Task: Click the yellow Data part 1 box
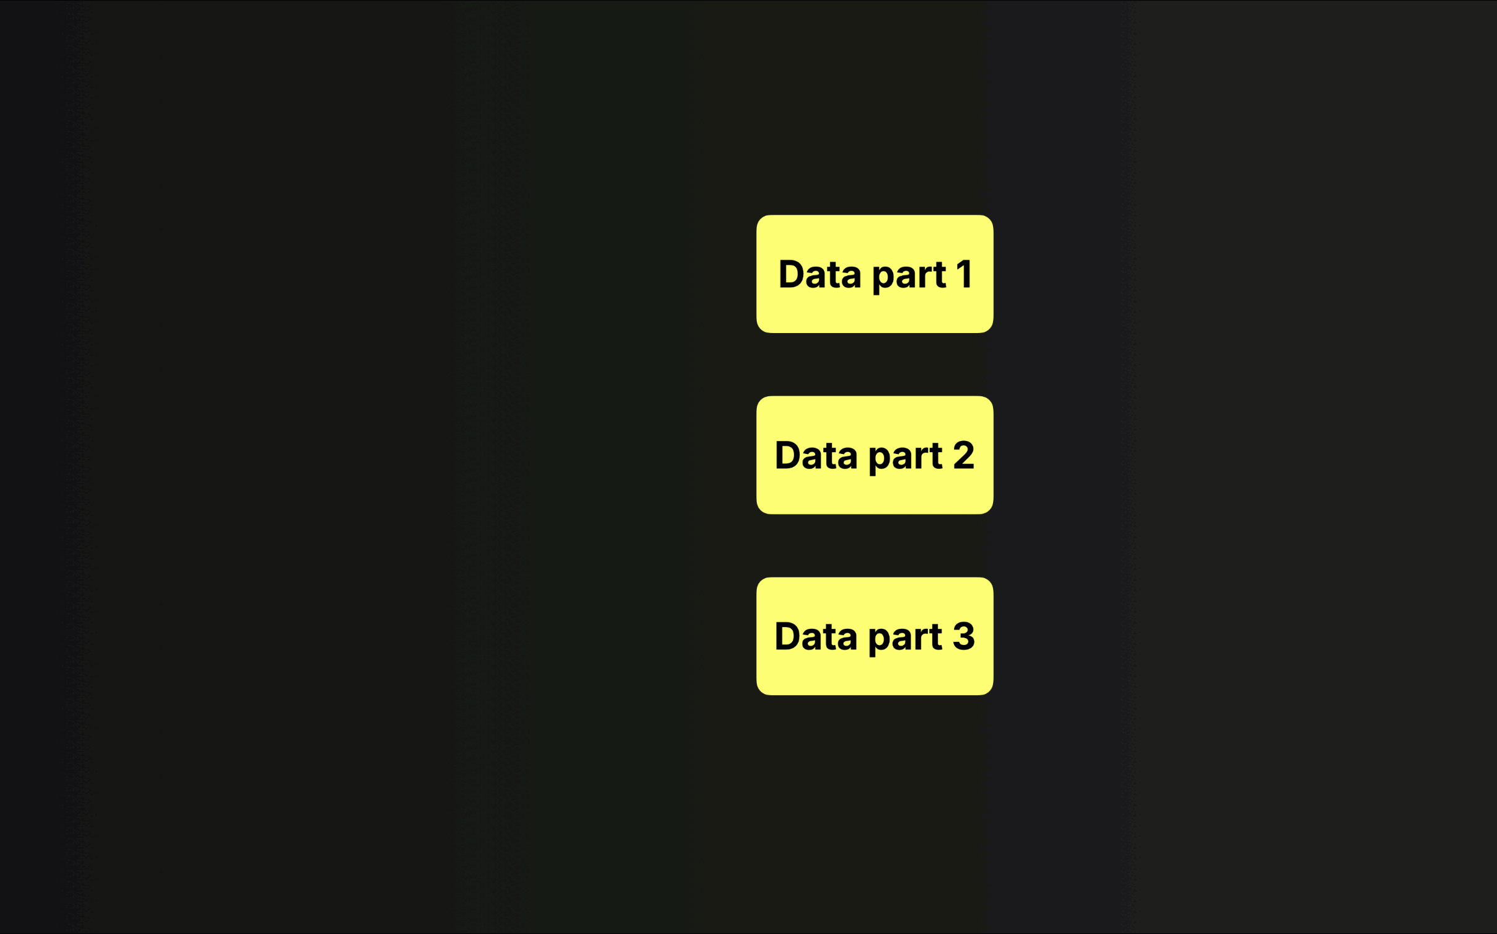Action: (x=875, y=274)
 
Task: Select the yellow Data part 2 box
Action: (x=875, y=455)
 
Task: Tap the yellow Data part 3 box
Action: (x=875, y=636)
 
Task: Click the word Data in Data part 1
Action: (x=819, y=274)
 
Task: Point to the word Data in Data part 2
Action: (x=816, y=455)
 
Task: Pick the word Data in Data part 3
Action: (x=816, y=636)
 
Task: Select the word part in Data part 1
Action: (x=909, y=277)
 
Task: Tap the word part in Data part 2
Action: (x=906, y=458)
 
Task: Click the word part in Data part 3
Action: (x=906, y=639)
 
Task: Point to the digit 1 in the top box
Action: (x=964, y=274)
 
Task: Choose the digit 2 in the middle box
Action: (x=964, y=455)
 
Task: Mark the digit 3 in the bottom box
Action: (x=964, y=636)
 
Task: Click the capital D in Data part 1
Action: (x=792, y=274)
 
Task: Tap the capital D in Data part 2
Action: (x=788, y=455)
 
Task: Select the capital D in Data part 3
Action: (x=788, y=636)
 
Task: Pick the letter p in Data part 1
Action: (x=883, y=280)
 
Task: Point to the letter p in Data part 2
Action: (x=880, y=461)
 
